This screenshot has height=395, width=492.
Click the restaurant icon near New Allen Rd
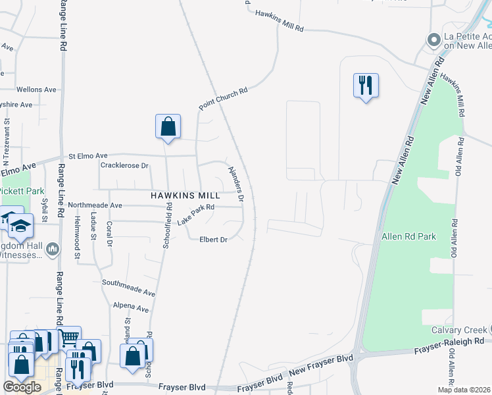pyautogui.click(x=366, y=86)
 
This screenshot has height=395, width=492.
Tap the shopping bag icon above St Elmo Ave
pyautogui.click(x=168, y=126)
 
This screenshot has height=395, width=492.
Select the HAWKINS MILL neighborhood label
pyautogui.click(x=185, y=196)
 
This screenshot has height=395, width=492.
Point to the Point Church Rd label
pyautogui.click(x=224, y=99)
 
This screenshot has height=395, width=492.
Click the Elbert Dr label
pyautogui.click(x=213, y=240)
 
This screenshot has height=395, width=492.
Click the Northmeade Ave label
pyautogui.click(x=95, y=205)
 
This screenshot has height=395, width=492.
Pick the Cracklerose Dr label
pyautogui.click(x=124, y=165)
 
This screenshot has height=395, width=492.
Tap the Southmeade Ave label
pyautogui.click(x=128, y=287)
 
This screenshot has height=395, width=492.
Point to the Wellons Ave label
pyautogui.click(x=36, y=90)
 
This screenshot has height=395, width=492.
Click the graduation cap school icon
pyautogui.click(x=22, y=226)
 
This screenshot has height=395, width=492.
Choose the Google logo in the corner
pyautogui.click(x=22, y=387)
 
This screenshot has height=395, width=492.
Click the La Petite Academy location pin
pyautogui.click(x=433, y=40)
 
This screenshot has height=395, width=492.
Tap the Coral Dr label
pyautogui.click(x=110, y=234)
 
